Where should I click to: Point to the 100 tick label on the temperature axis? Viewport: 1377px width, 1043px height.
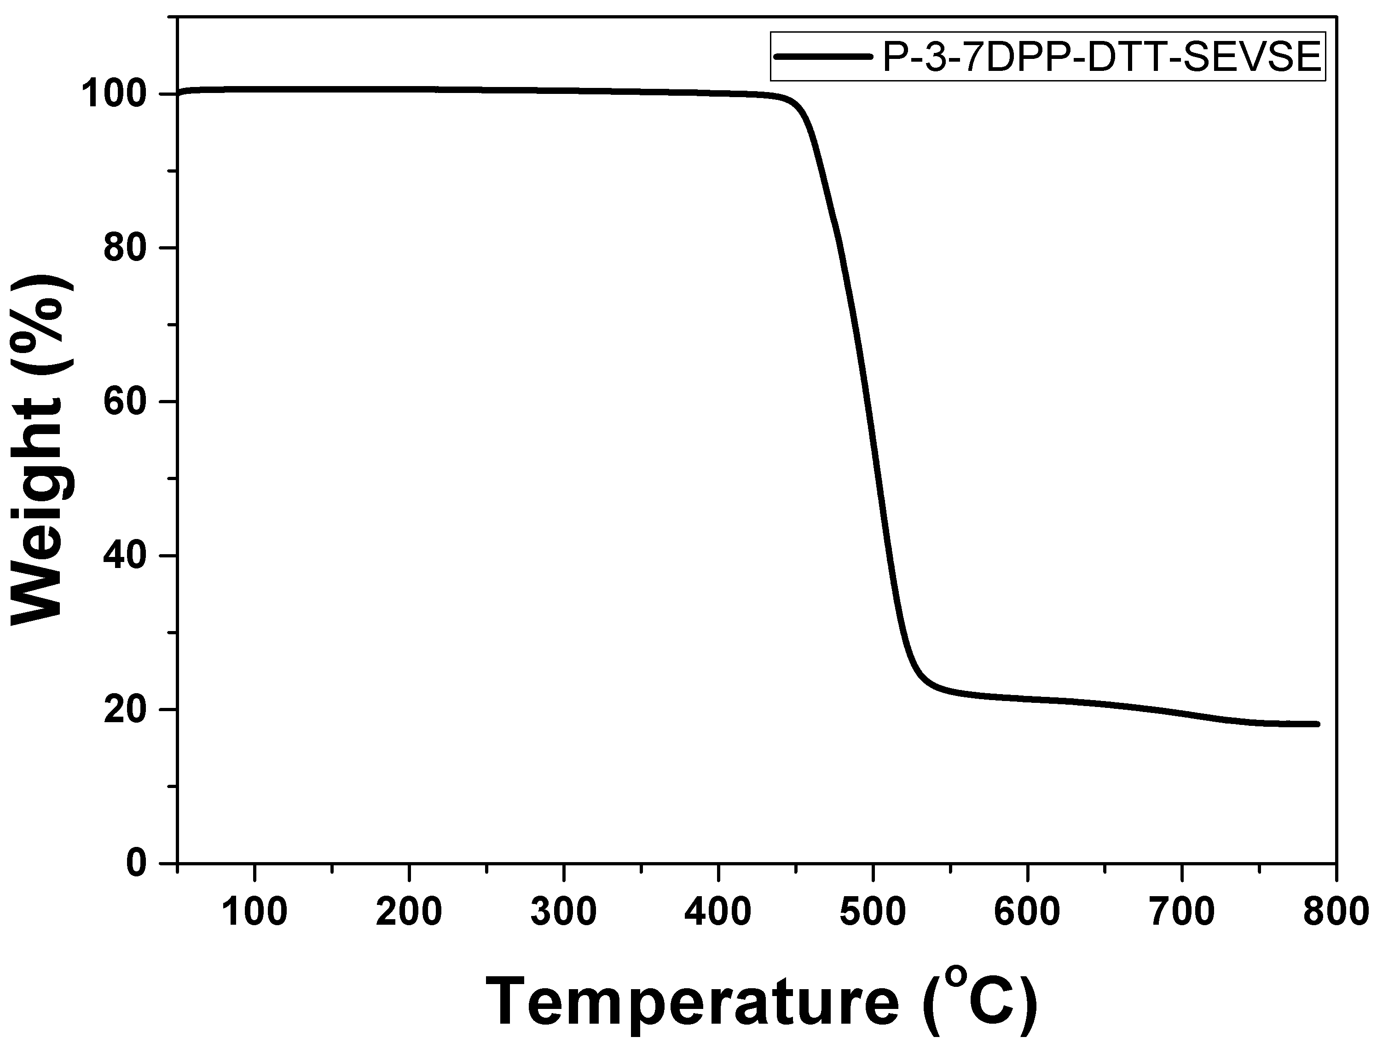[x=255, y=913]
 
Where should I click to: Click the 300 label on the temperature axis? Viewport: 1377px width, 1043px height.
[x=564, y=913]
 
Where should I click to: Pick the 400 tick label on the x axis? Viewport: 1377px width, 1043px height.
[x=718, y=913]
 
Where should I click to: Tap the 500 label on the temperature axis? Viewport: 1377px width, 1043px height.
[x=874, y=913]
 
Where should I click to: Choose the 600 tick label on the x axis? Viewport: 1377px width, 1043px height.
[x=1028, y=913]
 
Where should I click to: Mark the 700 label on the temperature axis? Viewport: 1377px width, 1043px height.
[x=1183, y=913]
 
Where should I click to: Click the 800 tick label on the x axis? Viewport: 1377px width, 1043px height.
[x=1337, y=913]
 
